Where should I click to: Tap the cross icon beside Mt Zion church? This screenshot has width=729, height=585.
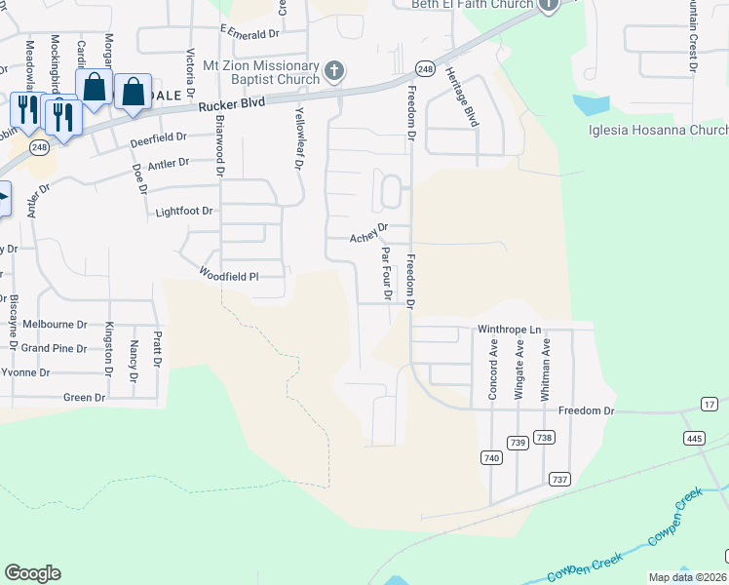pos(334,70)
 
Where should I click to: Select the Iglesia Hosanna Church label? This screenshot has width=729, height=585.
pos(658,131)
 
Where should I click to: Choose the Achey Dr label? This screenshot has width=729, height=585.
pos(369,233)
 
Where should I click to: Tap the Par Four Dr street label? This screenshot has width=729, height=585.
pos(387,273)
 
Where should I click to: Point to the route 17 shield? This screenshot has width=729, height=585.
pos(709,404)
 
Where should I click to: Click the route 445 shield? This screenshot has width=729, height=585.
pos(694,438)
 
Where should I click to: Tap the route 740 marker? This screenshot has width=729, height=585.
pos(490,457)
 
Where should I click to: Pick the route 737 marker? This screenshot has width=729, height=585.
pos(558,479)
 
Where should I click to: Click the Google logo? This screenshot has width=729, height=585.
pos(32,573)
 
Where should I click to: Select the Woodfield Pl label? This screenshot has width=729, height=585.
pos(228,276)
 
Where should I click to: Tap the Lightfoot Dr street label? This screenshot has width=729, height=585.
pos(183,211)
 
